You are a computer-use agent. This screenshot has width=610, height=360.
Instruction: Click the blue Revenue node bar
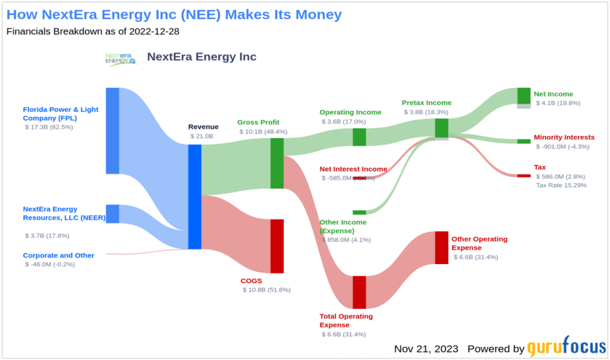[194, 197]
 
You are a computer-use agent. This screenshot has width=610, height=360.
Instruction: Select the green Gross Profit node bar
[277, 163]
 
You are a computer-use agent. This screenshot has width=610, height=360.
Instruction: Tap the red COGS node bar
[277, 246]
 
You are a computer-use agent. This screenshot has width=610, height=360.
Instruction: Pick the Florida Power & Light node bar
[112, 131]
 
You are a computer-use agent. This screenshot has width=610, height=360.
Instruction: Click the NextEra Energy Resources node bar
[112, 213]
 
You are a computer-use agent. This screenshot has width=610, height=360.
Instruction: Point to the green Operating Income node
[359, 137]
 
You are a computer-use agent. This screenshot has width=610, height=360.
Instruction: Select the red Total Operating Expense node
[359, 292]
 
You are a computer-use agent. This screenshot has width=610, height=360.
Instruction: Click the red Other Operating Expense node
[441, 247]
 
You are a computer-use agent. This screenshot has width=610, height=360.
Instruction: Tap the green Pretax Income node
[441, 128]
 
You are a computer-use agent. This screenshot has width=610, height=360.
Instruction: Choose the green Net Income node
[524, 96]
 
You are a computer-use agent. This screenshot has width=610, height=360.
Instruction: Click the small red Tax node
[524, 176]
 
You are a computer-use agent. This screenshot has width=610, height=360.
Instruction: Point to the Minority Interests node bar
[524, 141]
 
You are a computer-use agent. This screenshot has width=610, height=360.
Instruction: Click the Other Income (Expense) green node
[359, 212]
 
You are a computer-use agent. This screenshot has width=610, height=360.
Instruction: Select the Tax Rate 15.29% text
[561, 185]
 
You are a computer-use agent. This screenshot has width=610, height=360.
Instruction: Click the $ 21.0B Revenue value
[201, 136]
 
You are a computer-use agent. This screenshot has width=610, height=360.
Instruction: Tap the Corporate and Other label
[58, 255]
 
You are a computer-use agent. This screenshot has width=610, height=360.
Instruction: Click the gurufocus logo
[566, 347]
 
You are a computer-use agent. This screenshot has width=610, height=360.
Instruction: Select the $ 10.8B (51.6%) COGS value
[267, 290]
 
